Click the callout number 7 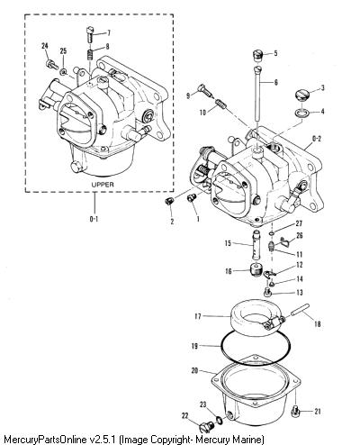(x=109, y=32)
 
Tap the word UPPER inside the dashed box (x=103, y=185)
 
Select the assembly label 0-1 (x=94, y=219)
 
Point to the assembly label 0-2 (x=317, y=139)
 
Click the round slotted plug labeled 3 (x=301, y=95)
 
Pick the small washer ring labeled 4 (x=301, y=114)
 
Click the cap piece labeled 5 (x=256, y=56)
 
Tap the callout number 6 (x=276, y=82)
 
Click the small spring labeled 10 (x=221, y=104)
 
